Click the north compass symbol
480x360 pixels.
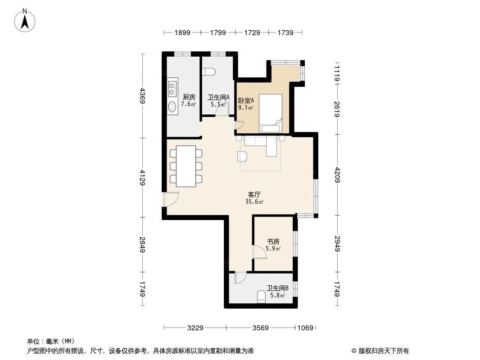[x=26, y=20]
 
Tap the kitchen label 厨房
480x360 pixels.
[x=189, y=97]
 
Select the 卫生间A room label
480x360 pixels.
[x=218, y=97]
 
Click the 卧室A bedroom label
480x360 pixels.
[x=246, y=101]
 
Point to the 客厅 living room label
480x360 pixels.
[x=254, y=195]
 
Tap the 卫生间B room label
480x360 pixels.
[x=277, y=288]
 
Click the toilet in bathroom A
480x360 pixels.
[x=208, y=71]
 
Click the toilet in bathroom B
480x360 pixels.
[x=261, y=297]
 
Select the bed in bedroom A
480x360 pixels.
[x=270, y=112]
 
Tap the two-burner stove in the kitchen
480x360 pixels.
[x=172, y=88]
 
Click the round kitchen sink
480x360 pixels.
[x=172, y=107]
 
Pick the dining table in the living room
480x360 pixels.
[x=186, y=166]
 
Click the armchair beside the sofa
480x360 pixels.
[x=242, y=156]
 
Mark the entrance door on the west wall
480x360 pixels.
[x=170, y=199]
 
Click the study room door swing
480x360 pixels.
[x=259, y=252]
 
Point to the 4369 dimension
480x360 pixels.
[x=143, y=95]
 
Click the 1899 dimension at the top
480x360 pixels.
[x=182, y=32]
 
